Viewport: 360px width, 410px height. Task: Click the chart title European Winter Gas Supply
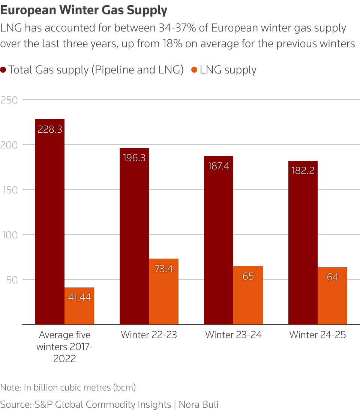click(84, 10)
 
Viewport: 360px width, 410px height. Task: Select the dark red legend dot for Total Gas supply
click(3, 70)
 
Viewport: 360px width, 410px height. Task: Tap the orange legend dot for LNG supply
click(194, 70)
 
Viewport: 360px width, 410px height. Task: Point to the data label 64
click(332, 277)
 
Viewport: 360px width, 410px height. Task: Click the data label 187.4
click(218, 166)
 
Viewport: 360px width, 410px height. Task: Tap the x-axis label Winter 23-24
click(233, 335)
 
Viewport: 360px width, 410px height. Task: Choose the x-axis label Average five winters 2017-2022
click(64, 346)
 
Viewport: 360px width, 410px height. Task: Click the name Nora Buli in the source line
click(198, 404)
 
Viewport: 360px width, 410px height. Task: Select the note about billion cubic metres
click(68, 387)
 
